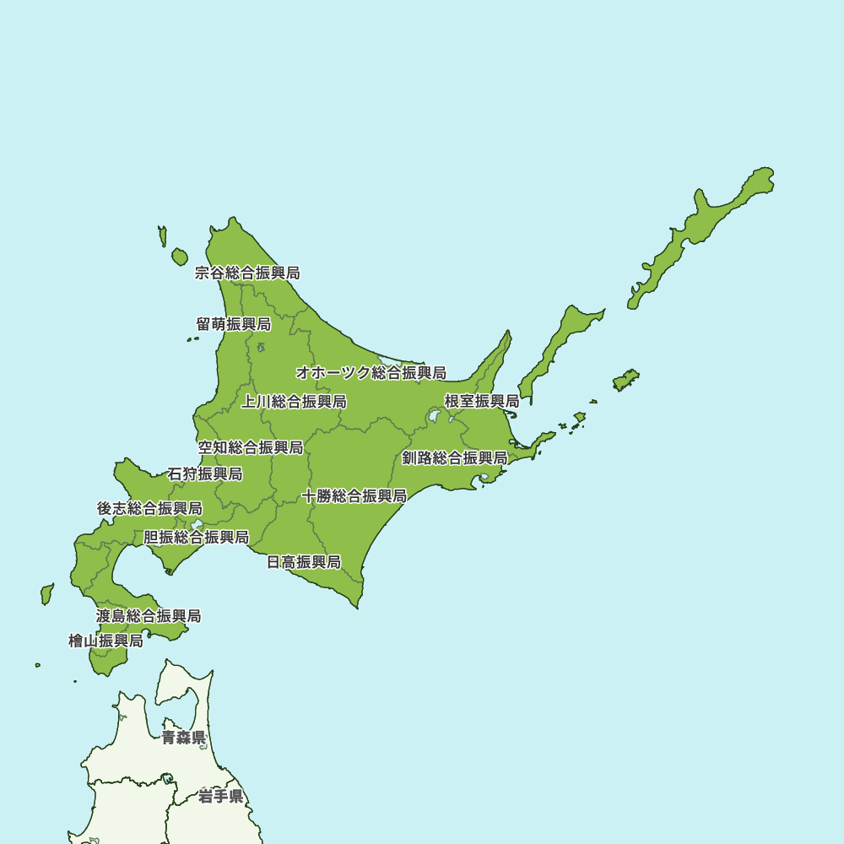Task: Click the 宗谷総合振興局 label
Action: (247, 273)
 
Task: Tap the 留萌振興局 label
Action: (234, 324)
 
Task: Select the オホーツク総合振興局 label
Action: (371, 373)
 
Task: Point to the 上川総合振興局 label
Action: (294, 402)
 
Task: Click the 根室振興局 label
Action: (482, 401)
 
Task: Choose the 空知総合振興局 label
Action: (251, 447)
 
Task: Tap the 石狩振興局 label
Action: (205, 474)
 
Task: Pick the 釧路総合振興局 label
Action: (454, 458)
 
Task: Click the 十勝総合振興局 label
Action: (354, 495)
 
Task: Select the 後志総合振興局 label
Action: (149, 509)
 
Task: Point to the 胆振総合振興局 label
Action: (196, 537)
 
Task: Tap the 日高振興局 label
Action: (304, 562)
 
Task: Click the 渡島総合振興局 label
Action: (149, 616)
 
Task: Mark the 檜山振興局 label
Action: (105, 641)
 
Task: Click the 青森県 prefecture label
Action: (184, 738)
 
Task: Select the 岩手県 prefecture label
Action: (221, 796)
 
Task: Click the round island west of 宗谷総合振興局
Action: (179, 256)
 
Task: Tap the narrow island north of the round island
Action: (162, 235)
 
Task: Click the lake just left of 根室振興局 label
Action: (435, 415)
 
